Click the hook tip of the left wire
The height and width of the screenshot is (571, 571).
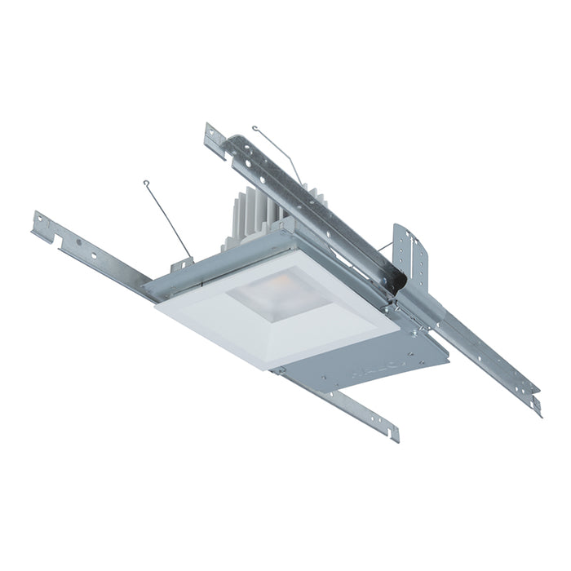tap(146, 183)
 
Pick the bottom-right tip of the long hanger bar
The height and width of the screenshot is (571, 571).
tap(537, 405)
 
